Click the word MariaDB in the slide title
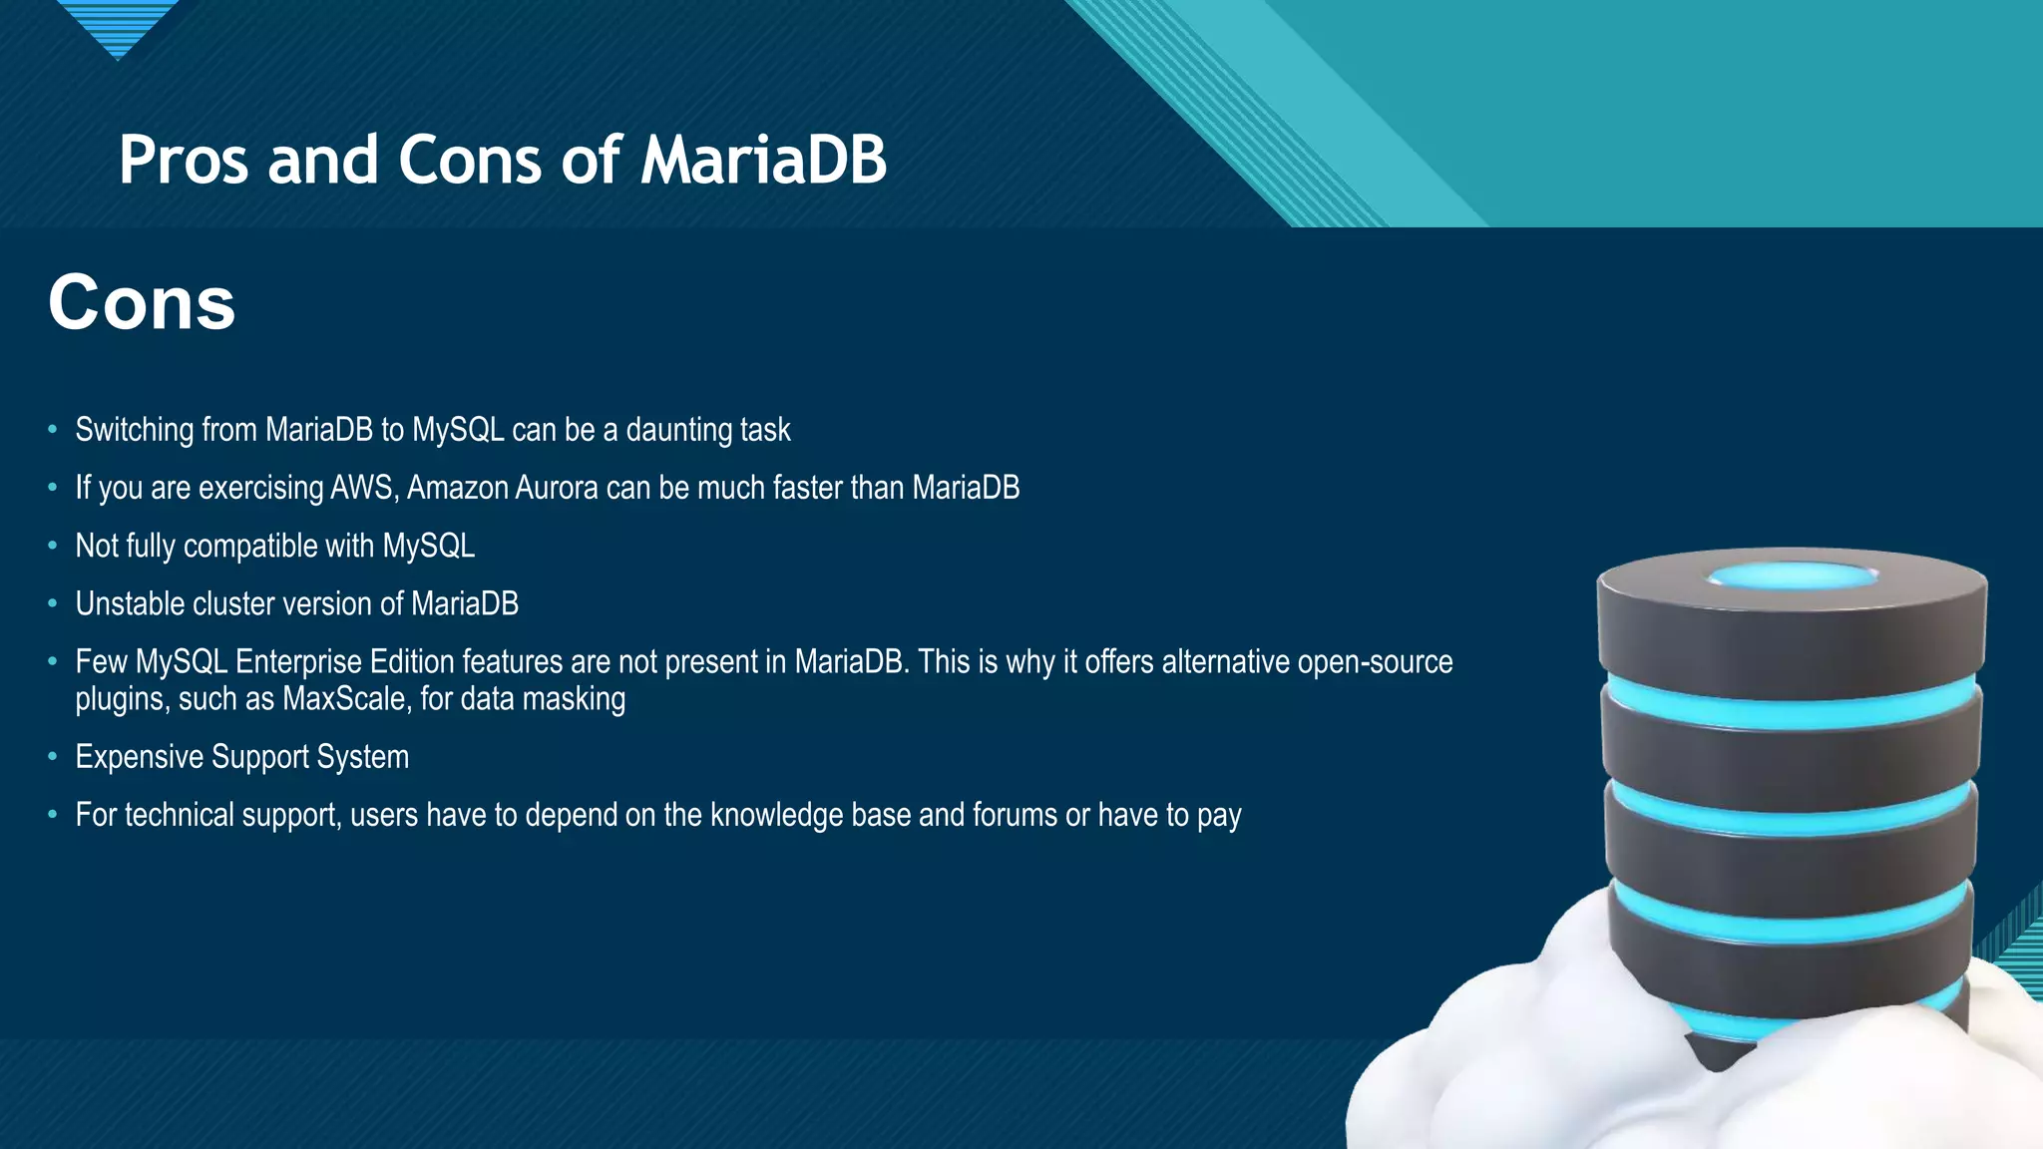pyautogui.click(x=763, y=160)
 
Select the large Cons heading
pyautogui.click(x=142, y=303)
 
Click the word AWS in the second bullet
pyautogui.click(x=364, y=488)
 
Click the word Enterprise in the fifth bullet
pyautogui.click(x=298, y=662)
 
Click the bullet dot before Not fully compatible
pyautogui.click(x=53, y=546)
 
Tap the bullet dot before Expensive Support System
pyautogui.click(x=53, y=757)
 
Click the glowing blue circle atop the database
pyautogui.click(x=1792, y=575)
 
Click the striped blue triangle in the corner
pyautogui.click(x=118, y=25)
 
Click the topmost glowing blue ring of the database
pyautogui.click(x=1792, y=703)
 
